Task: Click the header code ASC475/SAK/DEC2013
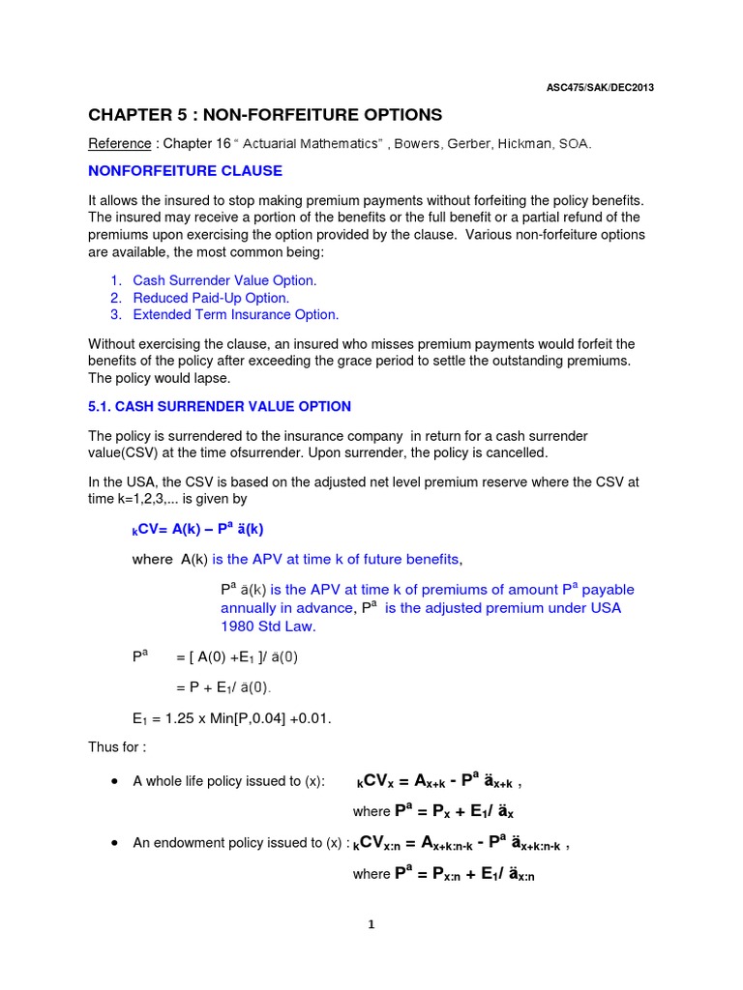pos(600,87)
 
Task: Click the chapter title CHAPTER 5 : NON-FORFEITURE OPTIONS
pos(265,115)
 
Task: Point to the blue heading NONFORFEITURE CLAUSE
pos(185,171)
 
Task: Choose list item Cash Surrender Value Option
pos(224,280)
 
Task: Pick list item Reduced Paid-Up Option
pos(211,298)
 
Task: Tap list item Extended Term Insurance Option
pos(236,315)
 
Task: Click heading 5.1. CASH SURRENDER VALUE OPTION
pos(220,407)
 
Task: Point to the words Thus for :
pos(116,746)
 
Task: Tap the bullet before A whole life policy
pos(114,781)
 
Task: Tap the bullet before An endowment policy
pos(114,843)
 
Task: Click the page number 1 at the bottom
pos(371,924)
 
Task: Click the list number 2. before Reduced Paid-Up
pos(115,298)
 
